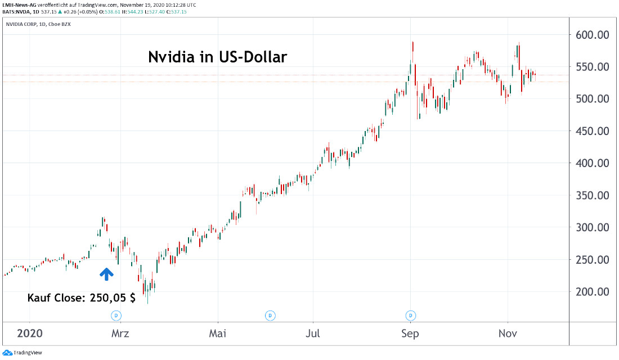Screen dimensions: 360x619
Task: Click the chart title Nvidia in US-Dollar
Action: (218, 57)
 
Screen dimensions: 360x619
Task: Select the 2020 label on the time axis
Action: (30, 334)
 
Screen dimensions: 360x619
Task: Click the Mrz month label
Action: (120, 334)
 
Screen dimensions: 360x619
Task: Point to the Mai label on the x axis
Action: (218, 334)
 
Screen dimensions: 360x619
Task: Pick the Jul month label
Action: (313, 334)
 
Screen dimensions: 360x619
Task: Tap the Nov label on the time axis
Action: (508, 334)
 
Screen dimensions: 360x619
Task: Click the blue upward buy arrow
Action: (106, 273)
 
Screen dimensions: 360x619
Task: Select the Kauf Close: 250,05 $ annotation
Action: (82, 298)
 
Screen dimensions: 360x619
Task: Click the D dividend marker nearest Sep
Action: (411, 315)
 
